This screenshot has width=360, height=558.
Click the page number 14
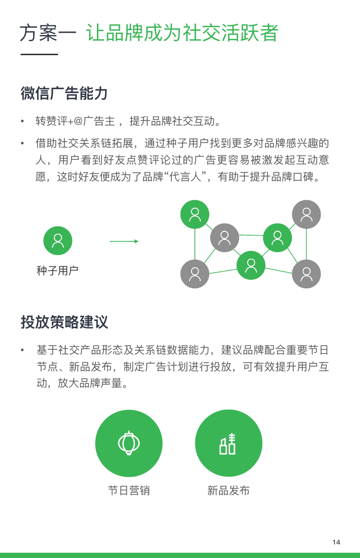pos(336,542)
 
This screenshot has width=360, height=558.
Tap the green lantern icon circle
pos(129,443)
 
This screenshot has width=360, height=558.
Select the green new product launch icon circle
pos(228,443)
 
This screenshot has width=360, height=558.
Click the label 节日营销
pos(129,490)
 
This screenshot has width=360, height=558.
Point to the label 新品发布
pos(228,490)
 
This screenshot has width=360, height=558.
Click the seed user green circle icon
pos(58,240)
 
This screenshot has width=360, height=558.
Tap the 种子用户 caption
pos(57,271)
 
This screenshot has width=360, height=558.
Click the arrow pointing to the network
pos(124,241)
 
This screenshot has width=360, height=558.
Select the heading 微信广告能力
pos(64,93)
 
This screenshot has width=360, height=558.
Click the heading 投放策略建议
pos(64,322)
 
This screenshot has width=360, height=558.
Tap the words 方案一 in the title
pos(48,33)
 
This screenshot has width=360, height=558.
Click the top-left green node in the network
pos(195,214)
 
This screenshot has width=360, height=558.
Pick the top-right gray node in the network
pos(306,214)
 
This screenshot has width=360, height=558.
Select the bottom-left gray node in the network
pos(195,273)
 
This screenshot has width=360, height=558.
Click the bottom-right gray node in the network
pos(306,273)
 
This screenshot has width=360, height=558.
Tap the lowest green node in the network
pos(251,265)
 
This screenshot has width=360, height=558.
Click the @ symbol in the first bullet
pos(78,121)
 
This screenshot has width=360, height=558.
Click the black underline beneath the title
pos(39,54)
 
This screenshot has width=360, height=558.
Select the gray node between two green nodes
pos(224,237)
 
